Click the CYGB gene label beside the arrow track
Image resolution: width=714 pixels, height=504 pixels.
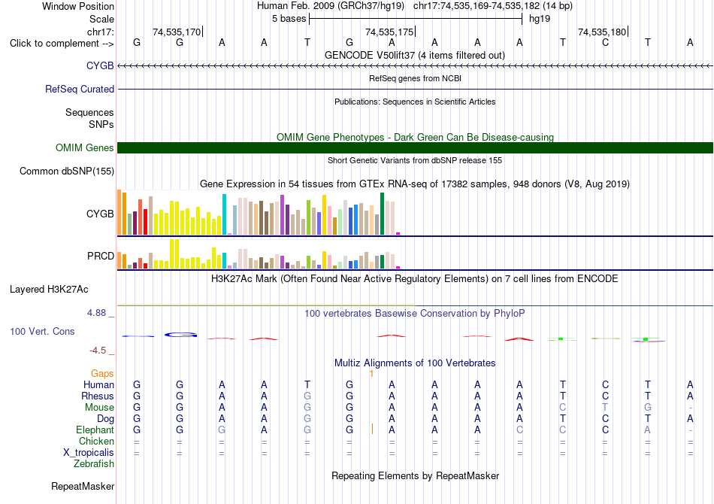click(x=100, y=65)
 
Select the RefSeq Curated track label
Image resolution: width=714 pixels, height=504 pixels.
click(x=80, y=89)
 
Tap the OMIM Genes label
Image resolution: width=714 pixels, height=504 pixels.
click(x=85, y=147)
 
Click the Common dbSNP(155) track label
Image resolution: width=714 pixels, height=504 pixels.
click(x=67, y=172)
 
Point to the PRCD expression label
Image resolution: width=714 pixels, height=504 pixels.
click(x=101, y=256)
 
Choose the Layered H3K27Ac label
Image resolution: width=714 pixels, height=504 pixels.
click(x=49, y=290)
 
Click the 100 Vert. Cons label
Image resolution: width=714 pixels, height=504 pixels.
click(x=42, y=331)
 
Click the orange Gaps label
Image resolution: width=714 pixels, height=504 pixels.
click(x=102, y=374)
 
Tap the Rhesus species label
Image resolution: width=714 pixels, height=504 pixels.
click(x=98, y=396)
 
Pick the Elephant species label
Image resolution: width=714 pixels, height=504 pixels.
click(x=95, y=430)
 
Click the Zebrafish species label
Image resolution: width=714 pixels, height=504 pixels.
click(x=94, y=464)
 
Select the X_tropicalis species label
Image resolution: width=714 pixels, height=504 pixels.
click(x=89, y=453)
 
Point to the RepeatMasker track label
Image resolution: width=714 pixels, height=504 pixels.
click(x=83, y=486)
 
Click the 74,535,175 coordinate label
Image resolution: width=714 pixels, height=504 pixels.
click(x=389, y=32)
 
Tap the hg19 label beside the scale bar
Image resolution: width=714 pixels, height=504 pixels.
click(x=540, y=19)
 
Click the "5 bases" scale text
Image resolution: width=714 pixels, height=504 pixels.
click(x=289, y=19)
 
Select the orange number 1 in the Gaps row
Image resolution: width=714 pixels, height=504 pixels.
click(x=371, y=374)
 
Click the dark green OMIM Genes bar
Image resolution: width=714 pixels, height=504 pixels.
click(x=416, y=147)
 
